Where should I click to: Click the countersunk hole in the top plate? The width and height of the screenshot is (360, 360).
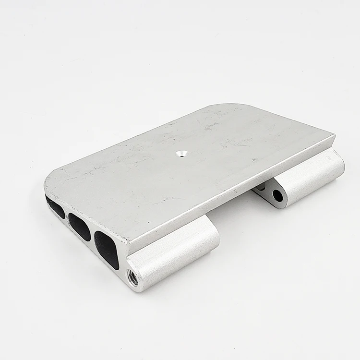point(181,153)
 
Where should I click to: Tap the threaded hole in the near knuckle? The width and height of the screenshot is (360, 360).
point(132,277)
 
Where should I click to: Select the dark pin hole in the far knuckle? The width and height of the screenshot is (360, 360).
point(278,195)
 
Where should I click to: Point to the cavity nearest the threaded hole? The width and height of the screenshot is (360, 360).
point(107,249)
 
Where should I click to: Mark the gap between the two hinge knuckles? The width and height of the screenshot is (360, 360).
point(235,211)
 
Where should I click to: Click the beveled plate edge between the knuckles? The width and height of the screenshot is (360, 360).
point(230,192)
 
